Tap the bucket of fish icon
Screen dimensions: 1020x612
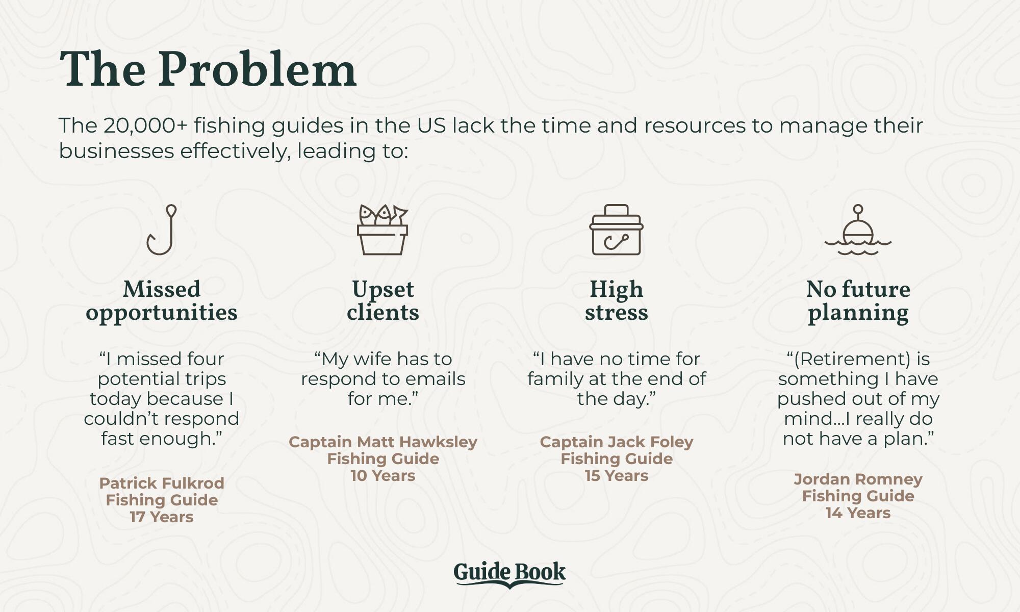(382, 229)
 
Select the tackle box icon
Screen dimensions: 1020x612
(616, 229)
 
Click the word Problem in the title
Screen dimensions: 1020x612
(257, 69)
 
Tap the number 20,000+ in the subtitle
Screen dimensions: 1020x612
(145, 125)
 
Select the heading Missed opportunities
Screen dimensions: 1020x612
(162, 301)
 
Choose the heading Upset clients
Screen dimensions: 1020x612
(383, 301)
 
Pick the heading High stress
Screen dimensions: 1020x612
(616, 301)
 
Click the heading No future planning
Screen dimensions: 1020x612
(858, 301)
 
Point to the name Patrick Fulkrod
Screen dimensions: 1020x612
(162, 483)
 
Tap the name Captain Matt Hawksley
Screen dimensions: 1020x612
(383, 442)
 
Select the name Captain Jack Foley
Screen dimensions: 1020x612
(617, 442)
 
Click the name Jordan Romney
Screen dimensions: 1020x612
(858, 479)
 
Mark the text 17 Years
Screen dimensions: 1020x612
(162, 517)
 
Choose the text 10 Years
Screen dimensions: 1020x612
(383, 475)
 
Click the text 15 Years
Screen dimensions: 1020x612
(617, 475)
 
